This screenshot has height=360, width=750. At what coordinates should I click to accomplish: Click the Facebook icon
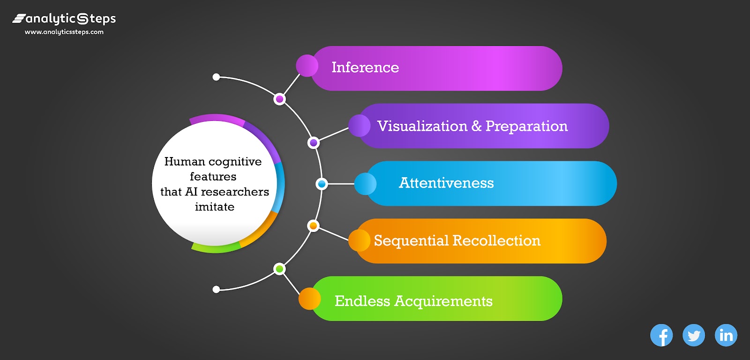(x=661, y=335)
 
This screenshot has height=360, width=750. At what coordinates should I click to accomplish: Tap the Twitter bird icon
(x=694, y=335)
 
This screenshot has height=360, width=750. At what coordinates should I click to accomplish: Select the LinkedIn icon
(x=726, y=335)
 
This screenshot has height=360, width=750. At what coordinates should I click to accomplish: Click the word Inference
(x=365, y=67)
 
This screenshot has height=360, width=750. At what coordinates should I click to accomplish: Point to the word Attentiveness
(x=446, y=183)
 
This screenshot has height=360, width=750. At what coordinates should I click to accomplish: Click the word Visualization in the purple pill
(x=422, y=126)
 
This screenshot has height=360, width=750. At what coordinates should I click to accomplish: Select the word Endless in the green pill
(x=362, y=301)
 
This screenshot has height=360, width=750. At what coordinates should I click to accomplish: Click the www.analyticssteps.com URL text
(x=64, y=32)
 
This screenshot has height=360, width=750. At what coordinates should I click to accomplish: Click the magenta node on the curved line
(x=280, y=99)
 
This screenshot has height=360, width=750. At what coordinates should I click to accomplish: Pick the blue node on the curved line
(x=322, y=184)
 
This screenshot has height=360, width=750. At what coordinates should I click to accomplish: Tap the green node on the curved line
(x=279, y=269)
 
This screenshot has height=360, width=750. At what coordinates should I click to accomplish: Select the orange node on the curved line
(x=313, y=226)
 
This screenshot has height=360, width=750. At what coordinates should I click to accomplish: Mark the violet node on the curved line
(x=314, y=142)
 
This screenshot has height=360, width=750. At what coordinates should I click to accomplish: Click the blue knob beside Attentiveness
(x=365, y=184)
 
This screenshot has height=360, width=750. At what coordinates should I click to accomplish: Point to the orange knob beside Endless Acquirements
(x=309, y=299)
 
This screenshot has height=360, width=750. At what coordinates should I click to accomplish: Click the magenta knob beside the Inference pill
(x=307, y=66)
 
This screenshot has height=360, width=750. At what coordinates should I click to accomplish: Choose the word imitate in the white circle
(x=215, y=207)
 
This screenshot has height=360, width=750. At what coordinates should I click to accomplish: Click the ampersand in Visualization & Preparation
(x=476, y=126)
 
